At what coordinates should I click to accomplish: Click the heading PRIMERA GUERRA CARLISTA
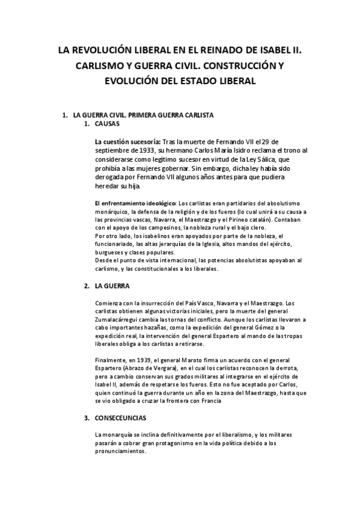click(x=168, y=114)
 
